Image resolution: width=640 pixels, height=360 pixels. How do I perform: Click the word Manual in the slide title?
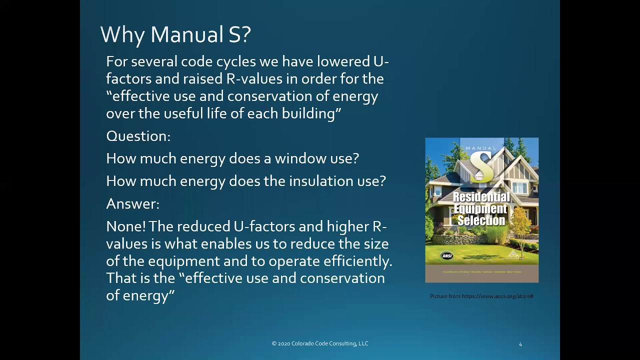(186, 35)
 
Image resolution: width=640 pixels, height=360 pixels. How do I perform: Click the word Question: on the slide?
(138, 136)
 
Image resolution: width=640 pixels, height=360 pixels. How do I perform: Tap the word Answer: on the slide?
(132, 203)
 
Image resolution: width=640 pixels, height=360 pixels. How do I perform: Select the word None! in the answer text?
(125, 226)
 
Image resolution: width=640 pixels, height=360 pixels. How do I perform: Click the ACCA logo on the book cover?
(513, 255)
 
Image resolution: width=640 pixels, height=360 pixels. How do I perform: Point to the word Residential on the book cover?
(481, 197)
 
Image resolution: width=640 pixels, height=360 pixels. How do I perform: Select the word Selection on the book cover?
(481, 220)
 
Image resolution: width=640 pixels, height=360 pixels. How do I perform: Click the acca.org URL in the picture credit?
(497, 296)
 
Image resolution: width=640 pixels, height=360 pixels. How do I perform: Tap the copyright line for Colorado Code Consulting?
(320, 343)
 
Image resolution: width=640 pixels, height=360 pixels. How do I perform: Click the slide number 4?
(520, 344)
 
